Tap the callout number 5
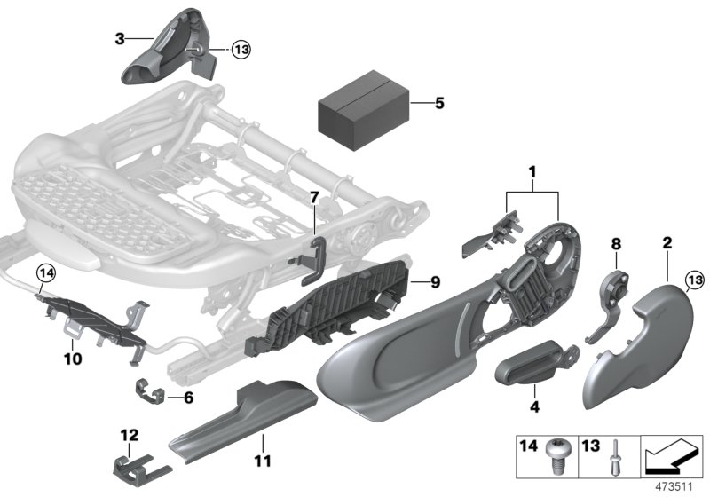(x=438, y=103)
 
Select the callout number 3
(x=119, y=38)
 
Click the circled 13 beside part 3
(x=241, y=50)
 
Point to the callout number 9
(x=434, y=283)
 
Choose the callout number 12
(x=130, y=435)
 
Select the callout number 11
(x=263, y=461)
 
